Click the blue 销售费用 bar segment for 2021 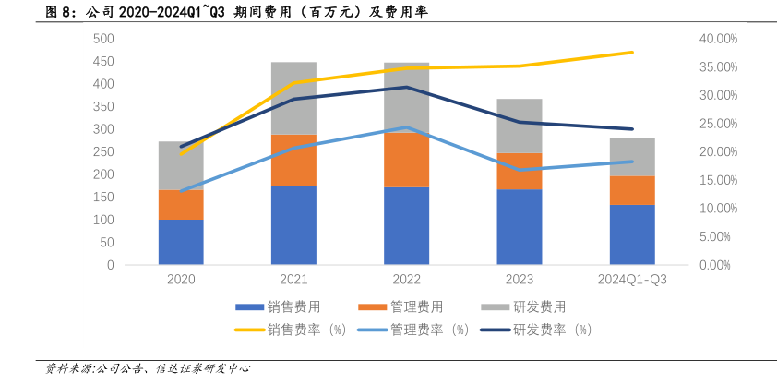click(x=293, y=225)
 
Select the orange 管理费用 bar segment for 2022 click(x=406, y=160)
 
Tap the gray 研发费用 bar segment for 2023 click(x=520, y=126)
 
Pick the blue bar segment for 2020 click(x=181, y=242)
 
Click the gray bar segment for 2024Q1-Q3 click(x=632, y=157)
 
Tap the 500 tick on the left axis click(x=102, y=39)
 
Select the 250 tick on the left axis click(x=102, y=152)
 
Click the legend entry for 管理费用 click(x=416, y=306)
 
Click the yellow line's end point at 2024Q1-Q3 click(x=632, y=53)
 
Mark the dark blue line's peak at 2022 click(x=406, y=87)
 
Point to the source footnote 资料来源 click(x=148, y=367)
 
